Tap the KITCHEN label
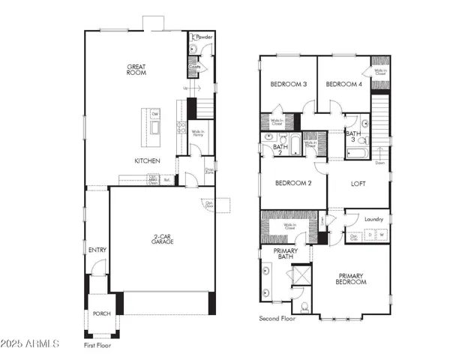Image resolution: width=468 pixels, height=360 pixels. point(147,160)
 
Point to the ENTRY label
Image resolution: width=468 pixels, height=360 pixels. point(97,250)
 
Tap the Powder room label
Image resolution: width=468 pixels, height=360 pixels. point(202,36)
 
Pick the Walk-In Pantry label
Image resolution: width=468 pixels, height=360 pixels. point(198,133)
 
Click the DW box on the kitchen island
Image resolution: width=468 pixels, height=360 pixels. point(155,114)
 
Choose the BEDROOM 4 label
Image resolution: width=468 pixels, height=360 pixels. point(343,85)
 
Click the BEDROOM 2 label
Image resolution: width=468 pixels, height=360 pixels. point(292,183)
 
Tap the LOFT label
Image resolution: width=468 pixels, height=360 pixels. point(358,183)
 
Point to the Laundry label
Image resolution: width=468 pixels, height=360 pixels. point(374,219)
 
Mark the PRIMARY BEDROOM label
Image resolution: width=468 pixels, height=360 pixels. point(351,278)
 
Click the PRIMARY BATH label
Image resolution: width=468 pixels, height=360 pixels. point(286,255)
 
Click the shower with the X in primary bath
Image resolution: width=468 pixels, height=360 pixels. point(300,275)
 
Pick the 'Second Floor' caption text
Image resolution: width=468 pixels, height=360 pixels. point(277,318)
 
